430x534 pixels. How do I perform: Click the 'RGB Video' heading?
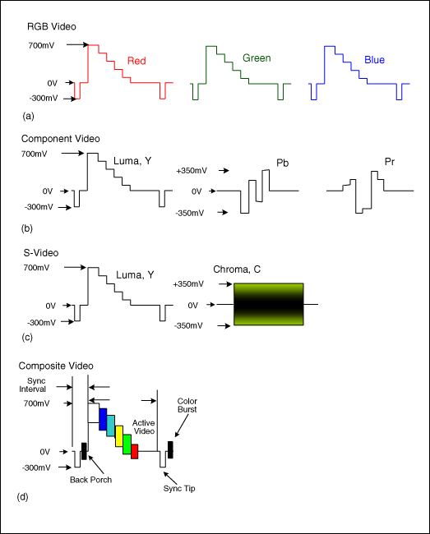pyautogui.click(x=47, y=27)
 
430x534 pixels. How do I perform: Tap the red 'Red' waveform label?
pyautogui.click(x=137, y=61)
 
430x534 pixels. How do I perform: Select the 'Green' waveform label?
pyautogui.click(x=256, y=58)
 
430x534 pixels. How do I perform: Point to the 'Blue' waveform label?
pyautogui.click(x=374, y=60)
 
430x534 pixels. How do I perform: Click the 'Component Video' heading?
pyautogui.click(x=60, y=139)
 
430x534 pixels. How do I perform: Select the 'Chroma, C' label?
pyautogui.click(x=238, y=269)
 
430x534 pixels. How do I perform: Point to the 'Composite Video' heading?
pyautogui.click(x=58, y=365)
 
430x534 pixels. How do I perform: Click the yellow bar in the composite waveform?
pyautogui.click(x=119, y=435)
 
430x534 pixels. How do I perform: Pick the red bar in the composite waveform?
pyautogui.click(x=135, y=451)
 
